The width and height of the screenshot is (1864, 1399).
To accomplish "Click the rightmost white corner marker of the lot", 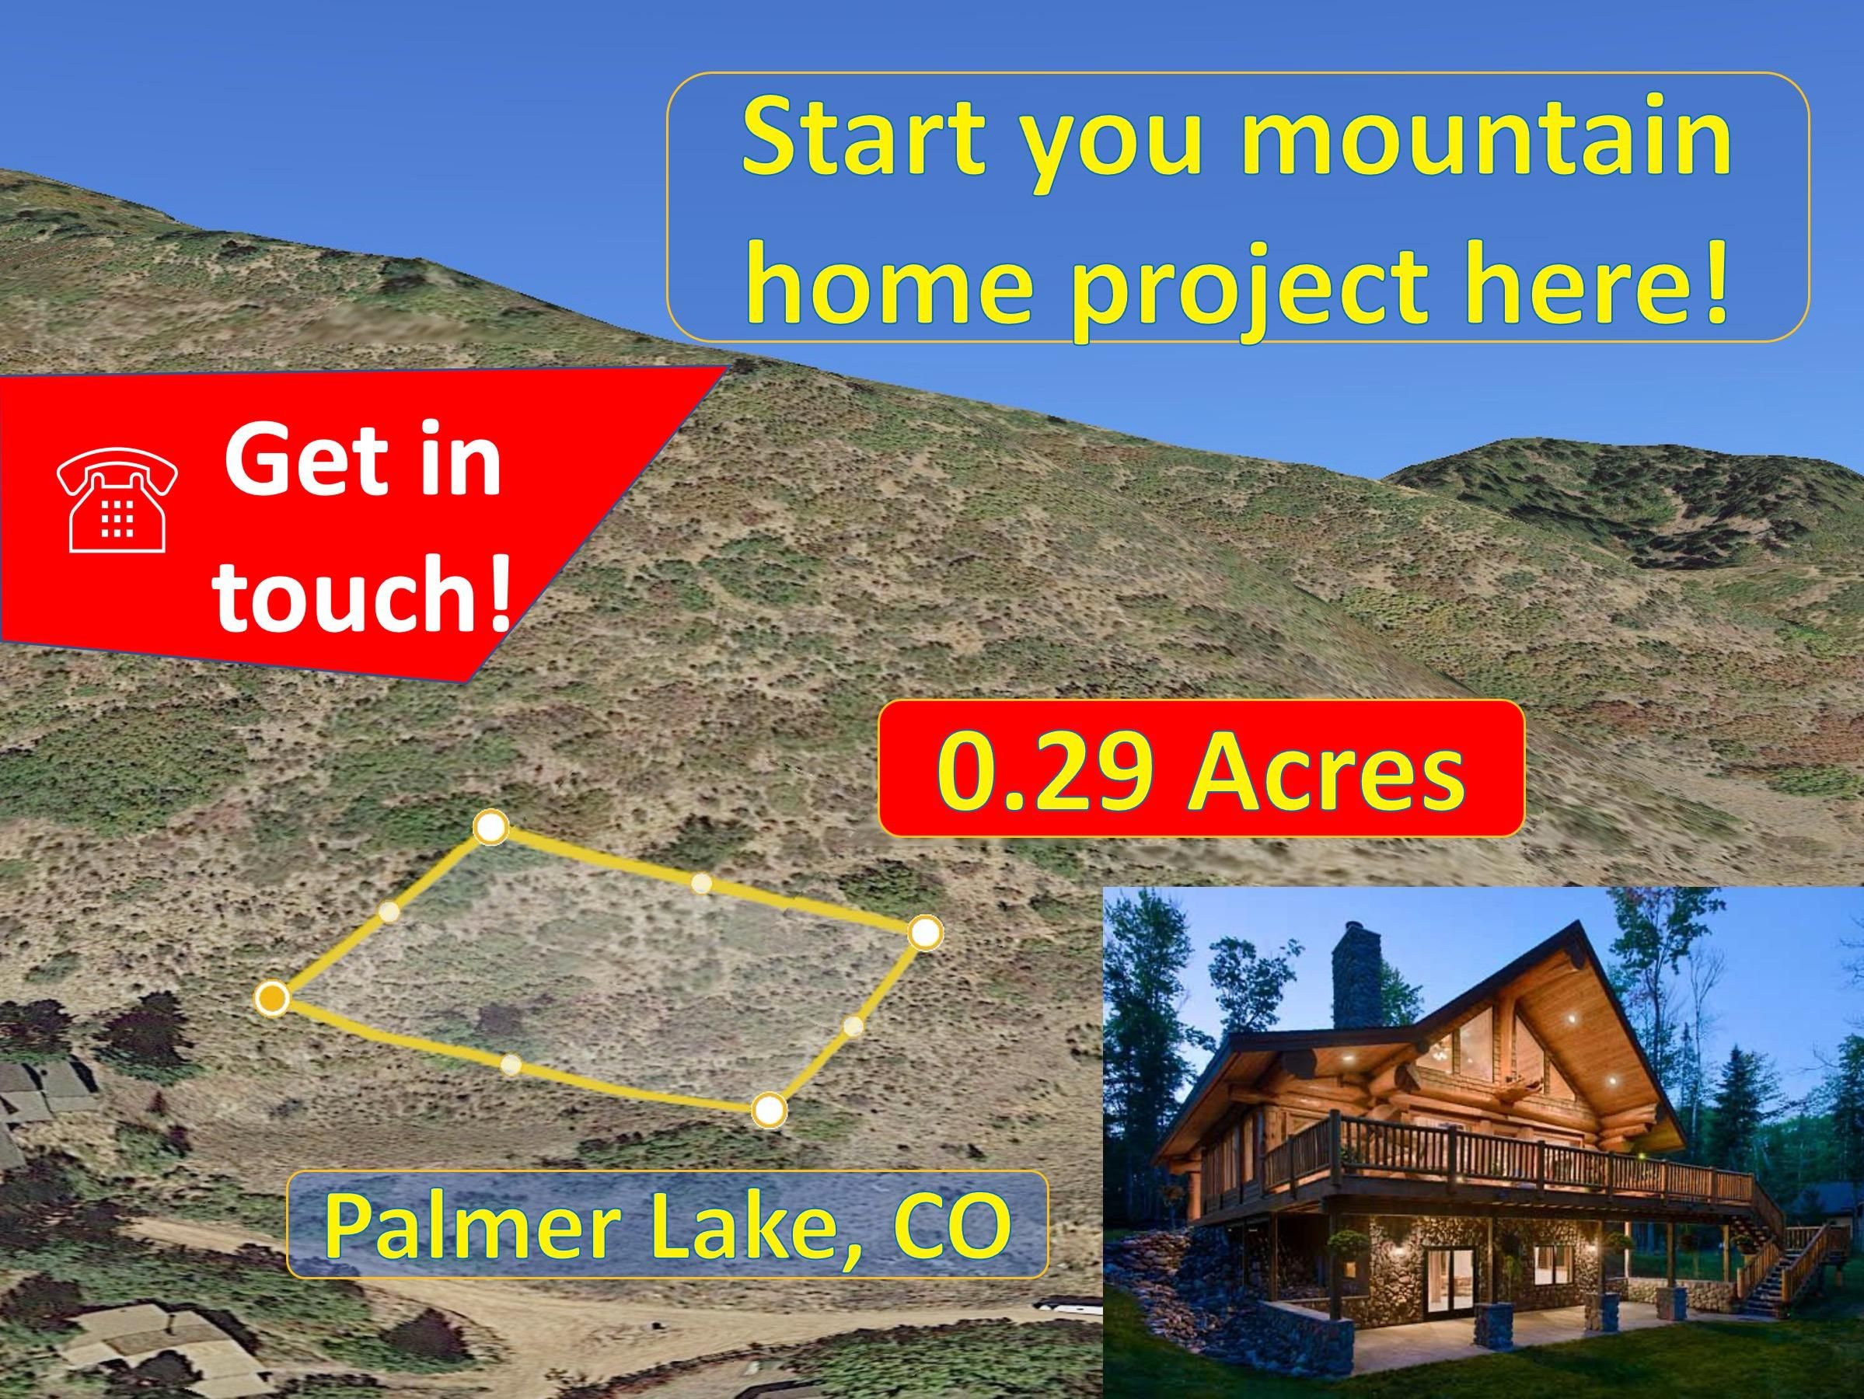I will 924,933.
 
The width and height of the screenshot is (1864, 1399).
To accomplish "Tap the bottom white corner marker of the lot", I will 767,1111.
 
